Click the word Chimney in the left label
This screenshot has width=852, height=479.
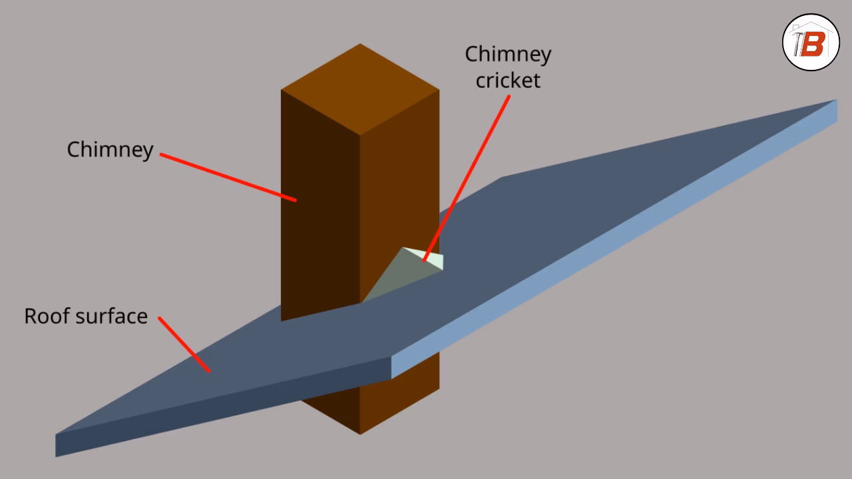coord(110,150)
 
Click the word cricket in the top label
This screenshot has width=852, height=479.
coord(507,80)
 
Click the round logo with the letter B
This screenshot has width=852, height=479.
coord(811,43)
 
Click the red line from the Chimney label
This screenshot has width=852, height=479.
coord(226,176)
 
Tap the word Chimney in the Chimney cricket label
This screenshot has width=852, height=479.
coord(507,54)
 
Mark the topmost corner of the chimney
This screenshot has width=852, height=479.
coord(360,45)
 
